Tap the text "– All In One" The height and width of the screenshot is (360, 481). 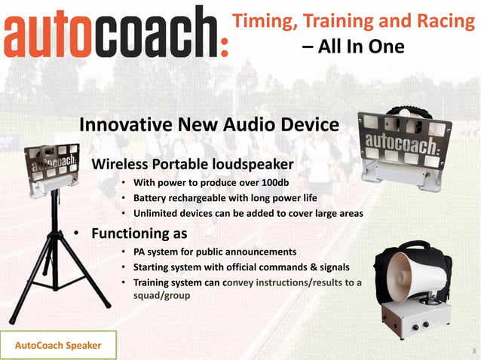pos(353,47)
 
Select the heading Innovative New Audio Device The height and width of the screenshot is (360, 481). pos(209,124)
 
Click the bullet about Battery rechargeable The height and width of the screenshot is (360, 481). pos(225,198)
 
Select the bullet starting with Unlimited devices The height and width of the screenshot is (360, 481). pos(248,213)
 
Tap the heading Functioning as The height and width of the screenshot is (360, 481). pos(139,233)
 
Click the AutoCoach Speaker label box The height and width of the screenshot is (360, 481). pos(59,346)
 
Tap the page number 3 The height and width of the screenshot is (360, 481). pos(473,351)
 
